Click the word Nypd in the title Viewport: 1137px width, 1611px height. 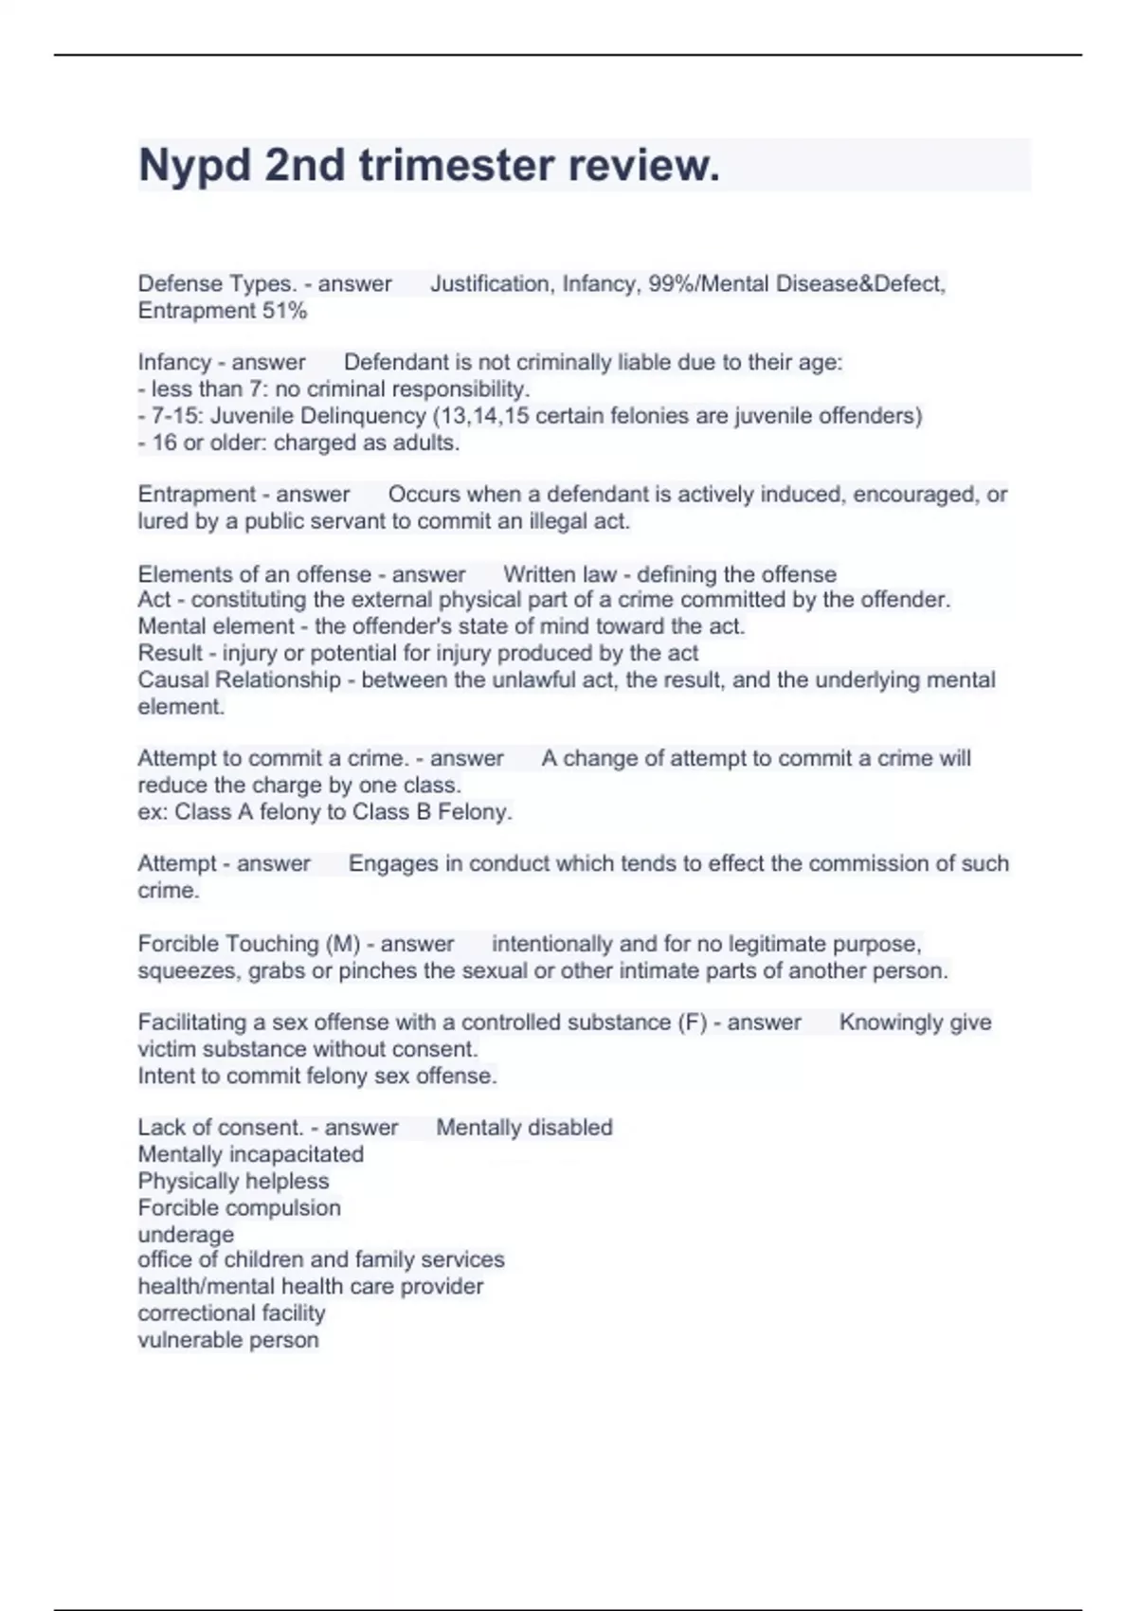click(x=193, y=167)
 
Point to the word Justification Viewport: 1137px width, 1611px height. click(x=490, y=283)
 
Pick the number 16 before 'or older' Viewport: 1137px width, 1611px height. click(x=164, y=443)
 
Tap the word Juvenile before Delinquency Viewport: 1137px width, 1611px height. click(x=252, y=416)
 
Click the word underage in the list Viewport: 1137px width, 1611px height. click(x=186, y=1235)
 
